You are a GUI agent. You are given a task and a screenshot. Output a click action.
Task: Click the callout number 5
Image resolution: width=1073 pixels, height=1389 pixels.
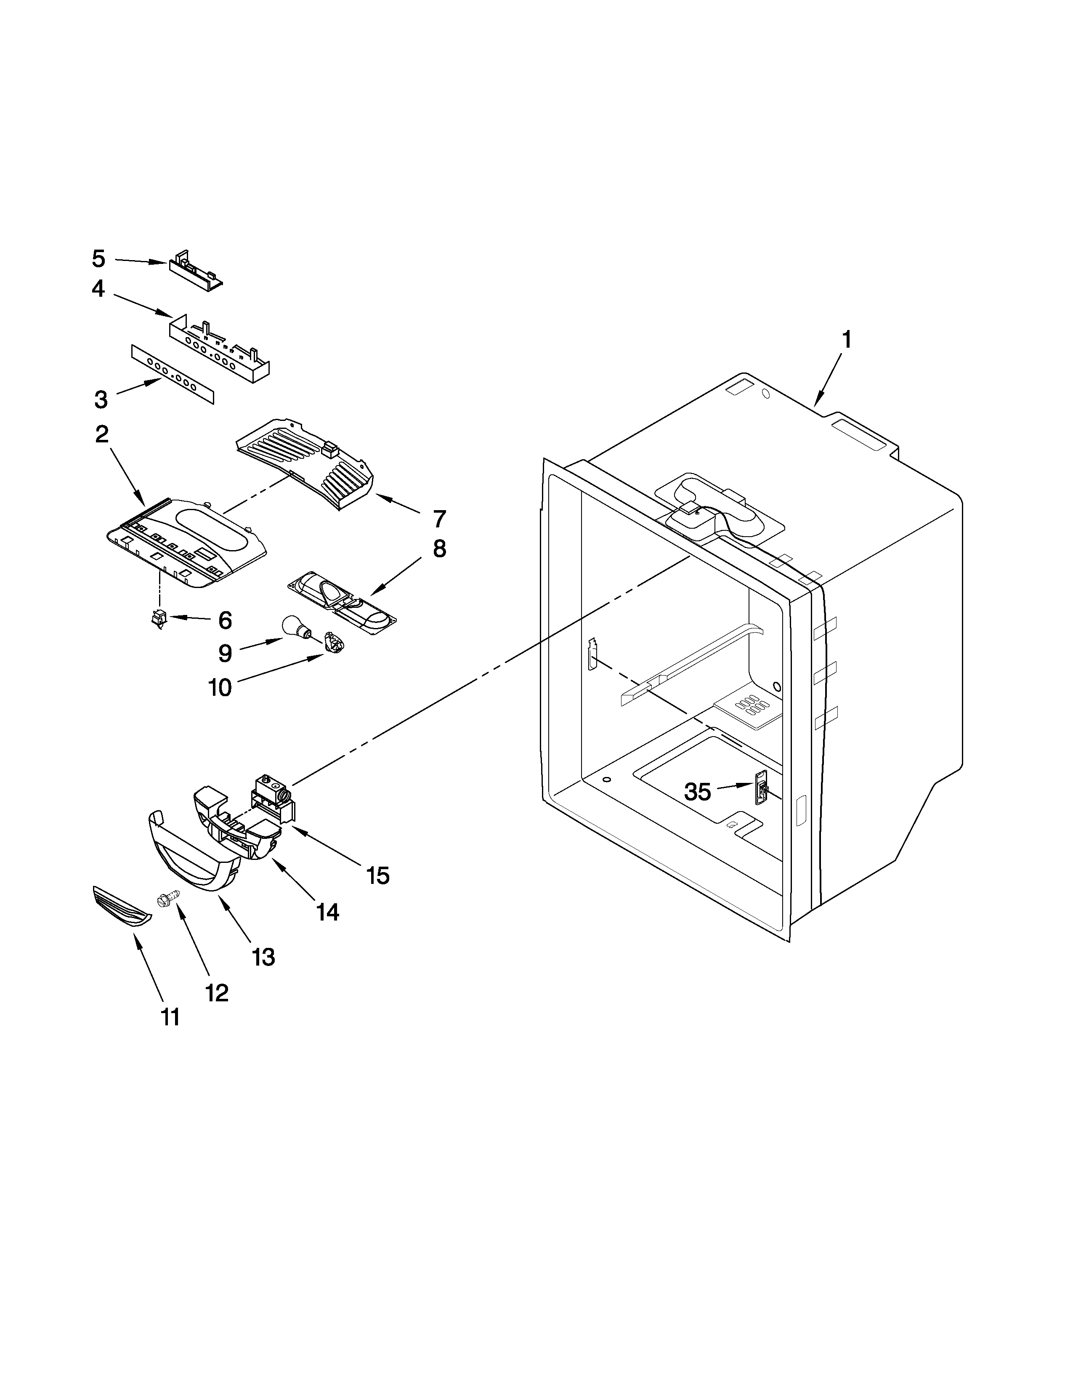pyautogui.click(x=98, y=259)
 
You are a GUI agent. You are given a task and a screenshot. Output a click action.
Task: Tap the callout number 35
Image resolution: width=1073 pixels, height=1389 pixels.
pyautogui.click(x=697, y=792)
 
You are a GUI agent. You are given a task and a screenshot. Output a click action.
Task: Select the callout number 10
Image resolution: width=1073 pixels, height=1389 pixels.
pyautogui.click(x=220, y=687)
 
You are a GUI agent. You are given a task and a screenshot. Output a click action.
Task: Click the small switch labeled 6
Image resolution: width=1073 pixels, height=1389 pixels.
pyautogui.click(x=158, y=617)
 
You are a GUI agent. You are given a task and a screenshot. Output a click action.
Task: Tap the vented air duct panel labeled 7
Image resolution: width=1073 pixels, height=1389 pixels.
pyautogui.click(x=305, y=459)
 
